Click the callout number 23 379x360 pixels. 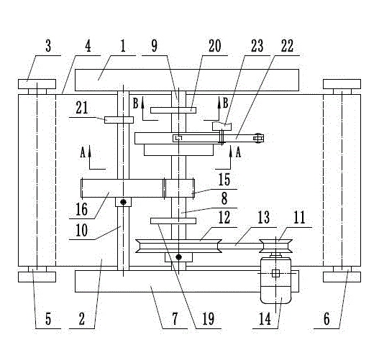tap(257, 46)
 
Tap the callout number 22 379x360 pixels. tap(287, 46)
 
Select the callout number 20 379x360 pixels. tap(214, 46)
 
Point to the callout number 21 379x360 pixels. tap(82, 108)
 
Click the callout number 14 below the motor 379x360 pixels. tap(265, 319)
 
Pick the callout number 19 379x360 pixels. tap(208, 319)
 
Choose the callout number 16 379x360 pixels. tap(82, 209)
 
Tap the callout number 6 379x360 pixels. tap(327, 319)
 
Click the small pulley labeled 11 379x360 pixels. tap(275, 246)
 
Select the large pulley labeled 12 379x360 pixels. tap(178, 246)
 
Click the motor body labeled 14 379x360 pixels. tap(275, 280)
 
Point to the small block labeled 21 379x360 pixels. tap(119, 120)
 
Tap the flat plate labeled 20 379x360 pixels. tap(173, 111)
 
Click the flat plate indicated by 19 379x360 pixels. tap(173, 221)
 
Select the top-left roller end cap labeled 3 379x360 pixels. tap(37, 84)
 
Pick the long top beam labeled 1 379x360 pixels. tap(187, 80)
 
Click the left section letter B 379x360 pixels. tap(136, 103)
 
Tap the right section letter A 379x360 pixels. tap(238, 152)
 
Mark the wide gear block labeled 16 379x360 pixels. tap(123, 188)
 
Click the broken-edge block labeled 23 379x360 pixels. tap(222, 126)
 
